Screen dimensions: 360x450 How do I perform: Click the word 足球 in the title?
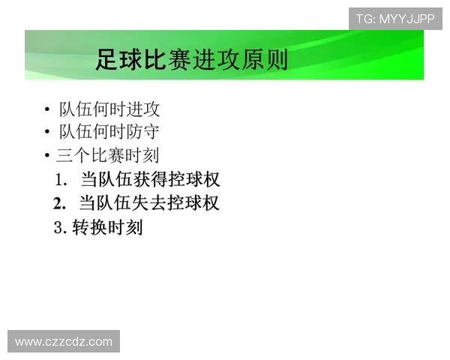point(119,59)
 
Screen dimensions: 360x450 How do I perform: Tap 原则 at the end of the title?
point(265,59)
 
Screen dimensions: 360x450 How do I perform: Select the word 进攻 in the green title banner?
point(216,59)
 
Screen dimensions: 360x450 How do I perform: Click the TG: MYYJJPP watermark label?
point(395,19)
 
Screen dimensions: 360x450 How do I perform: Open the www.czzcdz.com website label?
point(64,342)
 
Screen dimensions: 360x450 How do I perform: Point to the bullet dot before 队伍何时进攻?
point(47,110)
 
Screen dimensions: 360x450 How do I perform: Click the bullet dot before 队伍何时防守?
point(47,133)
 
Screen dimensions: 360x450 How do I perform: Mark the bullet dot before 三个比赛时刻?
point(47,156)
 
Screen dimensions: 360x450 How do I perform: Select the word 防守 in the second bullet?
point(142,132)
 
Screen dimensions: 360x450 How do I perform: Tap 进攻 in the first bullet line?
point(142,109)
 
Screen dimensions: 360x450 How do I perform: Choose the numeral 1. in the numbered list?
point(61,180)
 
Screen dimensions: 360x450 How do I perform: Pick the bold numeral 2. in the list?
point(61,203)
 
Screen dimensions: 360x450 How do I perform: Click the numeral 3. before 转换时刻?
point(61,227)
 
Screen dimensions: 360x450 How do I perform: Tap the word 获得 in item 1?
point(151,180)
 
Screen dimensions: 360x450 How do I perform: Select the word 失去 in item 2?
point(151,203)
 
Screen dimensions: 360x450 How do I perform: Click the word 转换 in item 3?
point(90,227)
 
